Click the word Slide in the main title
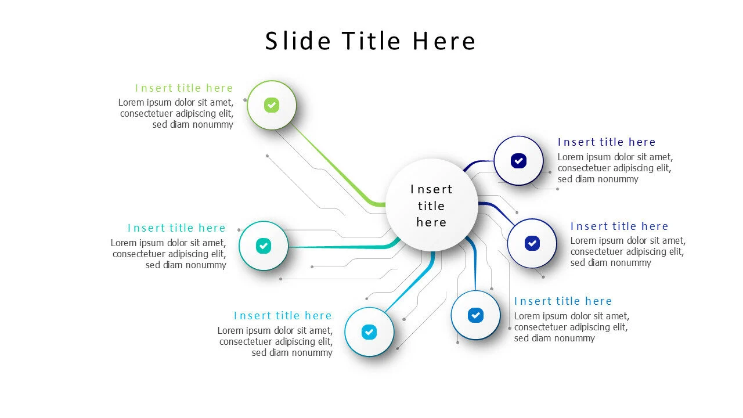(x=298, y=41)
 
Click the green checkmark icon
(x=271, y=105)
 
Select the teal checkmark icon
(x=264, y=246)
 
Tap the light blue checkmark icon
(x=369, y=331)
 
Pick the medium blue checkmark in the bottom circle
(x=475, y=315)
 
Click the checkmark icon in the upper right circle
(x=518, y=161)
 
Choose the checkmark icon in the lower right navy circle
(x=532, y=243)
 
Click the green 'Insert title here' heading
(x=184, y=88)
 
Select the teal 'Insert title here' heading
(x=176, y=228)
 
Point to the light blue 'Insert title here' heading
(x=283, y=315)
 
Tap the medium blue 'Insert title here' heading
(x=563, y=301)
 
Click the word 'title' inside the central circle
(x=431, y=206)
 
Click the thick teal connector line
(x=345, y=247)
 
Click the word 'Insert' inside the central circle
(x=431, y=189)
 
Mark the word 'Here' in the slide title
(x=444, y=41)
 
